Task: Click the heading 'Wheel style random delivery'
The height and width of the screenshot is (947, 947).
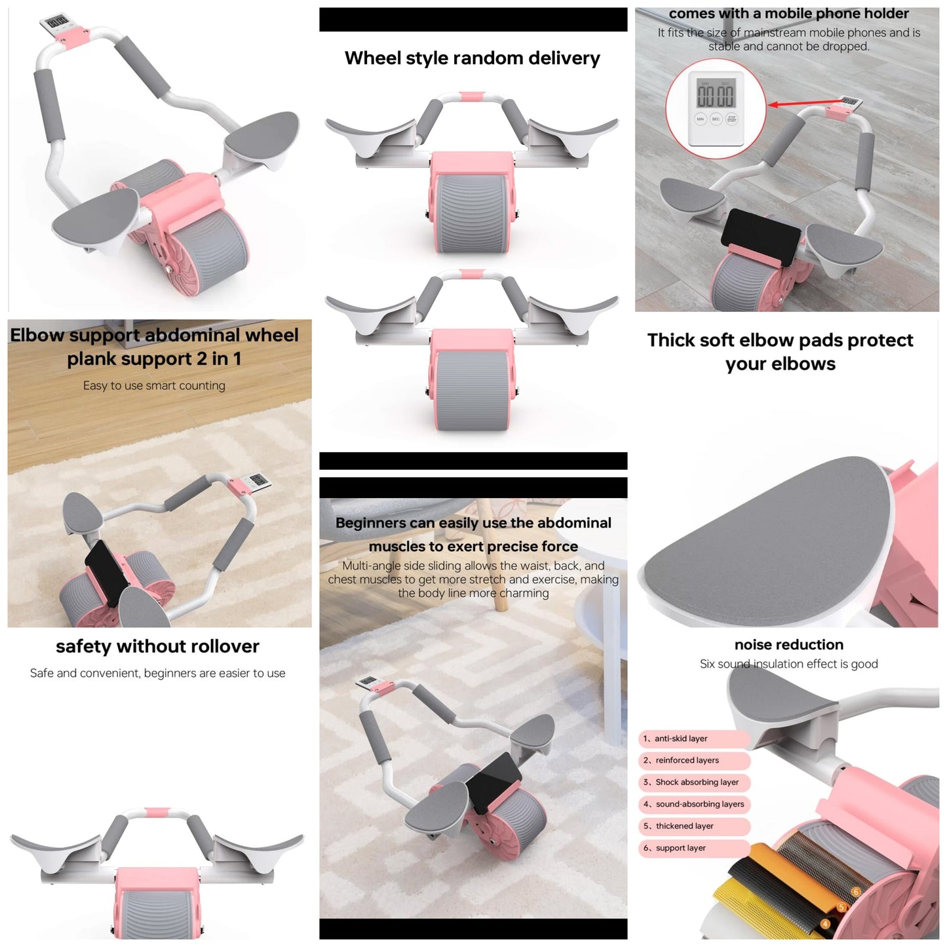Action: pyautogui.click(x=473, y=58)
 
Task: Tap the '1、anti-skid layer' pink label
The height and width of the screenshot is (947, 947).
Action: pyautogui.click(x=693, y=739)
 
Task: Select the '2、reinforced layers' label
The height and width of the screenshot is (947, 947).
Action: pyautogui.click(x=693, y=760)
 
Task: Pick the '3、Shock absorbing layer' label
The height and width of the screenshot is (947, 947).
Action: pyautogui.click(x=693, y=783)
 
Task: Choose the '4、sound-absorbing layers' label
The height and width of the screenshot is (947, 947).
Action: pyautogui.click(x=693, y=805)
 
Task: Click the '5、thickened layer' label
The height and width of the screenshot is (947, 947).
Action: pyautogui.click(x=693, y=826)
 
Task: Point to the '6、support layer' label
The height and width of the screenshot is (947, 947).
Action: pyautogui.click(x=693, y=848)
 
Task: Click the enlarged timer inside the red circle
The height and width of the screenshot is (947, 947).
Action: pyautogui.click(x=716, y=109)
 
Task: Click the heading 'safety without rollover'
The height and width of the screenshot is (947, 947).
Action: pyautogui.click(x=157, y=646)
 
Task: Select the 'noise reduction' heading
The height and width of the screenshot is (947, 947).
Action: pyautogui.click(x=789, y=644)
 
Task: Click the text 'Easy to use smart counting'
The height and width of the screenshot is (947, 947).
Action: pyautogui.click(x=154, y=386)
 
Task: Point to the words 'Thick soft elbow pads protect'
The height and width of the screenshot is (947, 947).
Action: pyautogui.click(x=780, y=340)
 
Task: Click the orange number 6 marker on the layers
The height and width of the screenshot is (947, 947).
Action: pyautogui.click(x=856, y=892)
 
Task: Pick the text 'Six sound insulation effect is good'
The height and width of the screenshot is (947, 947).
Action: pyautogui.click(x=789, y=664)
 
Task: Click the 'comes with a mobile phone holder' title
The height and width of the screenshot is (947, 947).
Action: pyautogui.click(x=789, y=14)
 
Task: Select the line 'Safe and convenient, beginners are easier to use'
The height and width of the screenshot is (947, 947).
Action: pyautogui.click(x=157, y=673)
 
